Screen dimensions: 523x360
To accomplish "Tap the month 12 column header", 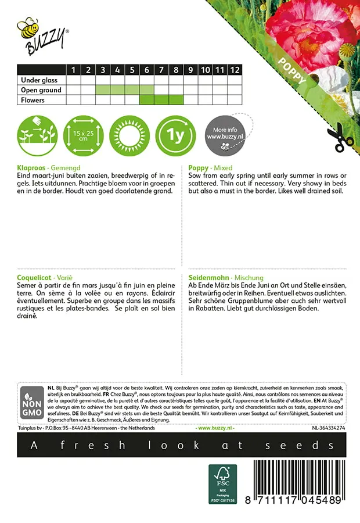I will pyautogui.click(x=235, y=70).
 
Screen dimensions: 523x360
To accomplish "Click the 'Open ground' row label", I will pyautogui.click(x=41, y=90).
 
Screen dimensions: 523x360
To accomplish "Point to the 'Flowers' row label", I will pyautogui.click(x=33, y=100).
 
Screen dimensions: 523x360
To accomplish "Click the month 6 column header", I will pyautogui.click(x=147, y=70).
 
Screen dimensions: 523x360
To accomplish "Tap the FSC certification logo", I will pyautogui.click(x=223, y=483).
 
